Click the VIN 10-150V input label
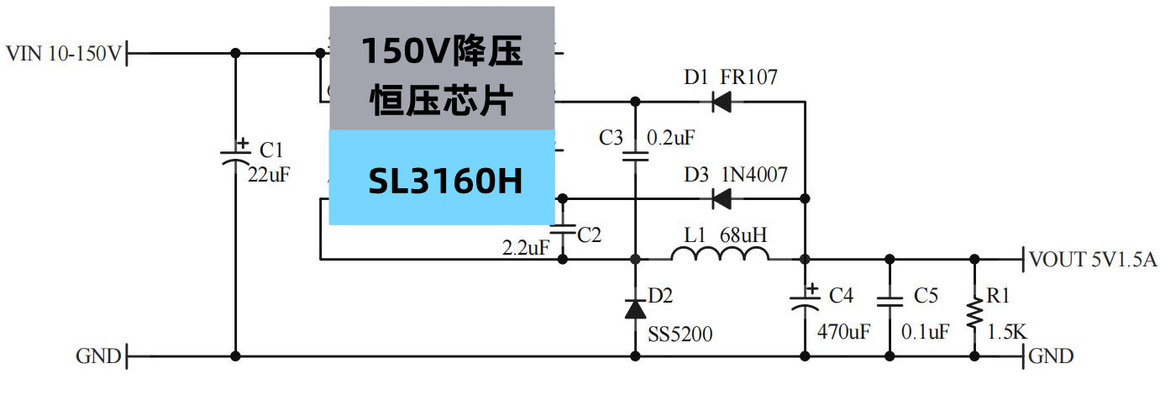pyautogui.click(x=64, y=54)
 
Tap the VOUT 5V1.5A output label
pyautogui.click(x=1092, y=260)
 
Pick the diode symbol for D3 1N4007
pyautogui.click(x=720, y=199)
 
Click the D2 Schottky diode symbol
pyautogui.click(x=635, y=308)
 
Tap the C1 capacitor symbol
pyautogui.click(x=235, y=156)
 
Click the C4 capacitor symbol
pyautogui.click(x=805, y=301)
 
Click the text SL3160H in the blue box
pyautogui.click(x=445, y=180)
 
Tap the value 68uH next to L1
pyautogui.click(x=743, y=234)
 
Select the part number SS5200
pyautogui.click(x=680, y=335)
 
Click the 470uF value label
pyautogui.click(x=843, y=332)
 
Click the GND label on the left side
pyautogui.click(x=98, y=356)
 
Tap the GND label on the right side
pyautogui.click(x=1052, y=356)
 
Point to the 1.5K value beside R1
pyautogui.click(x=1006, y=332)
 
